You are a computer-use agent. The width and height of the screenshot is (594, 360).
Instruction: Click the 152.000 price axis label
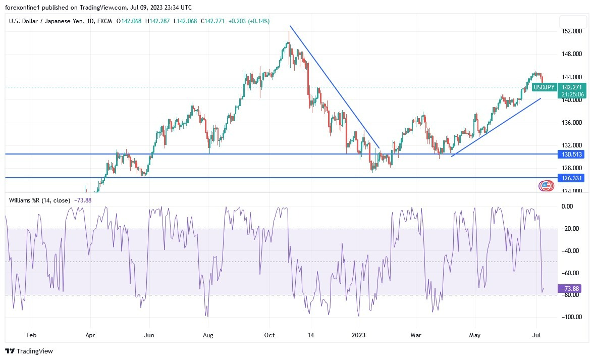tap(572, 31)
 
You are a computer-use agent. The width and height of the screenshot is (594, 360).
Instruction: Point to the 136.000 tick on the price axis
tap(572, 123)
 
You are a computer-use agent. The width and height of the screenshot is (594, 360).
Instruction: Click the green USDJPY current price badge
tap(544, 87)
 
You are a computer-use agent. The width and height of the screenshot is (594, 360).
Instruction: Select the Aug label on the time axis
tap(208, 335)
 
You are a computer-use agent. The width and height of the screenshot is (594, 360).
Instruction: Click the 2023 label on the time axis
tap(358, 335)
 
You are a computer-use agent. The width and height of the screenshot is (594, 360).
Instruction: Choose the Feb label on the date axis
tap(31, 335)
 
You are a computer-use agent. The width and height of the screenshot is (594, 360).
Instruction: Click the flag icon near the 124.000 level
tap(545, 186)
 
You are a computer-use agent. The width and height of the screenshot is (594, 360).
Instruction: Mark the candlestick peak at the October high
tap(289, 32)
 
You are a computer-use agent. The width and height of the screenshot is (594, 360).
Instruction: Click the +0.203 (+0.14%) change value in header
tap(249, 21)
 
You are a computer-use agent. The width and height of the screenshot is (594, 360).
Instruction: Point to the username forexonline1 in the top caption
tap(25, 7)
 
